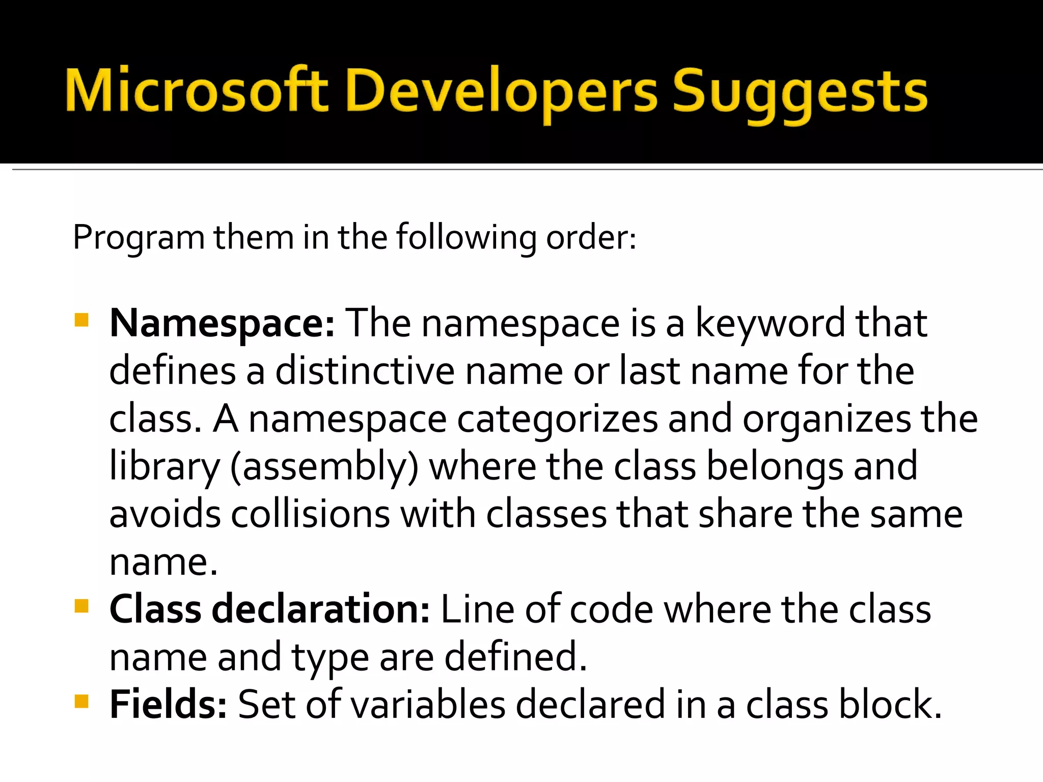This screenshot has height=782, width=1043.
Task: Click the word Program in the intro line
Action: pyautogui.click(x=138, y=238)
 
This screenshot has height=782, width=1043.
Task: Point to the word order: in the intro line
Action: pyautogui.click(x=591, y=237)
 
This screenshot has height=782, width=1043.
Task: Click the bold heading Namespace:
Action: pyautogui.click(x=222, y=324)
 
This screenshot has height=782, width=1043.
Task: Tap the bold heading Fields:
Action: pyautogui.click(x=168, y=705)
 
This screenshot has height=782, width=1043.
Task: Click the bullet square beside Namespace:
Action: pyautogui.click(x=81, y=321)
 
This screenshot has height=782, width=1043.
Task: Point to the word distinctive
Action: pyautogui.click(x=365, y=371)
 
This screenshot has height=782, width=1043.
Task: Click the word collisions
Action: pyautogui.click(x=311, y=514)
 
